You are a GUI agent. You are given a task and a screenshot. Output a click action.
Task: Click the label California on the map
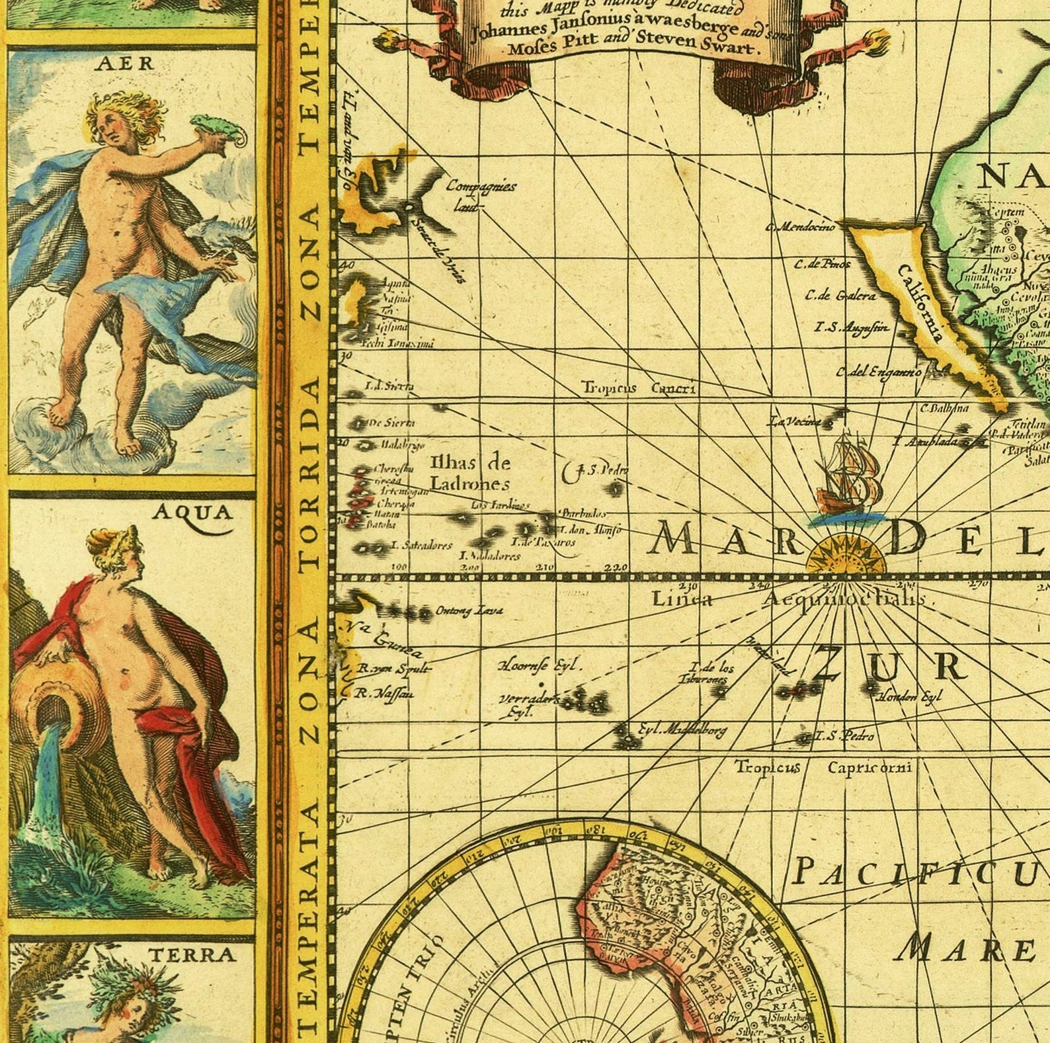coord(921,303)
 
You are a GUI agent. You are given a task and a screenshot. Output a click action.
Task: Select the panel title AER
coord(125,63)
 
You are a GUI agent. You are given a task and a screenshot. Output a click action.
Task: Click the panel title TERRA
coord(192,954)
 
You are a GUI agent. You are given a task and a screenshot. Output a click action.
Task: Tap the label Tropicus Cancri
coord(638,388)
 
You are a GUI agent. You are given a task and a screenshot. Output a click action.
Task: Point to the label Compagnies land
coord(480,194)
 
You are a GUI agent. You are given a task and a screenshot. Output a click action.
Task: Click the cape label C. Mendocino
coord(800,227)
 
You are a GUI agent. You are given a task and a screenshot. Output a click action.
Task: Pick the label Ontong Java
coord(468,611)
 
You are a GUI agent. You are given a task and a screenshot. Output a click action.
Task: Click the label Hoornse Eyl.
coord(540,665)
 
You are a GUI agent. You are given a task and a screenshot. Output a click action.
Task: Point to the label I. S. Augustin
coord(852,327)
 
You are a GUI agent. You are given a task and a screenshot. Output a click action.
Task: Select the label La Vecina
coord(794,421)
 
